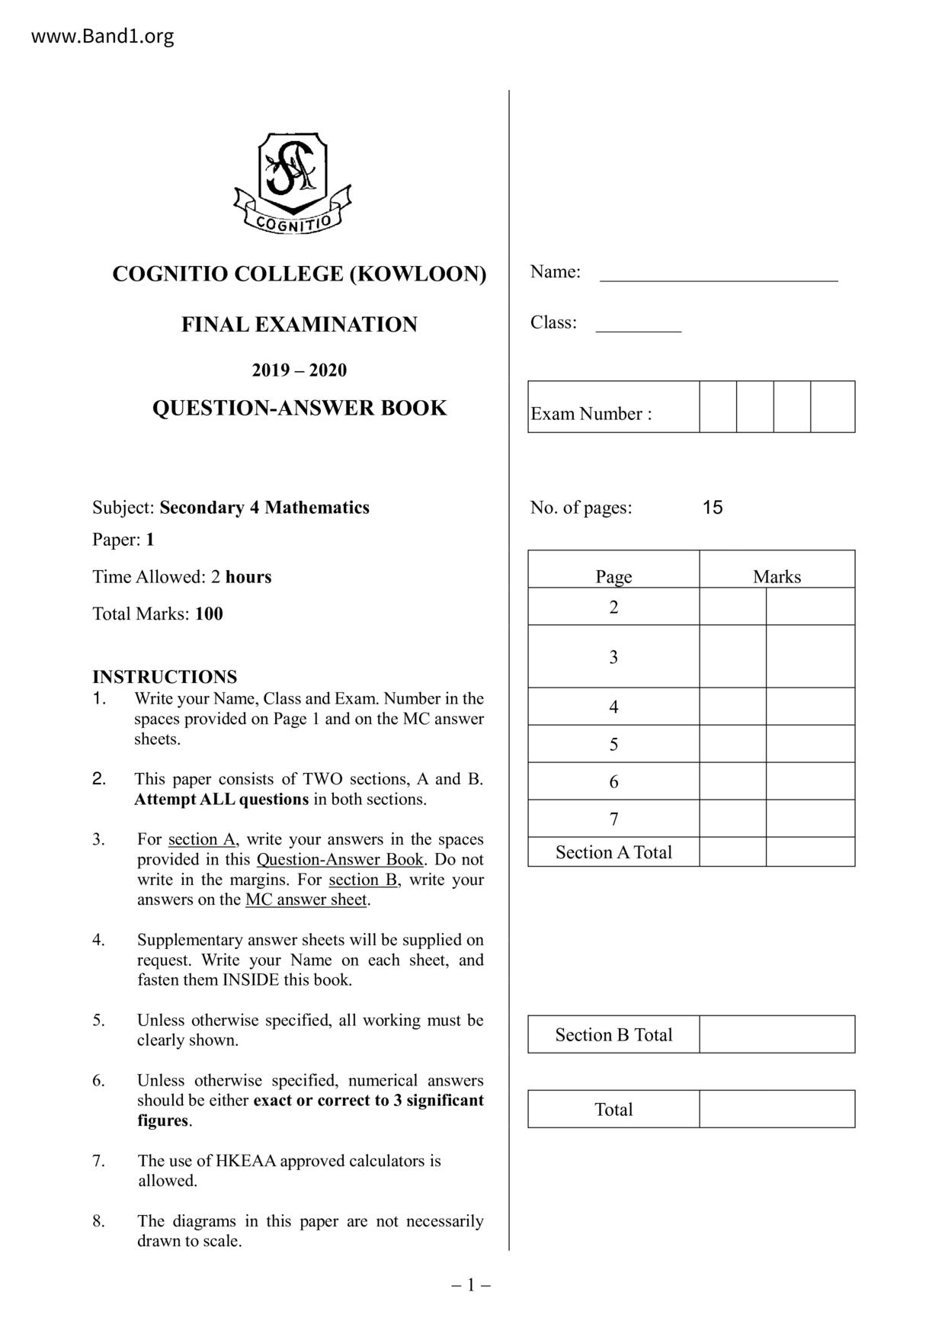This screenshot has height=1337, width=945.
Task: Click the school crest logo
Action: point(293,183)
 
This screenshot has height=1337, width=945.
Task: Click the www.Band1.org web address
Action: point(102,36)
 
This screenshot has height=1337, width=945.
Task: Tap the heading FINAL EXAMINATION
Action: point(299,325)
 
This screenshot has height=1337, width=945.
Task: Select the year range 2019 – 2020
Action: point(299,370)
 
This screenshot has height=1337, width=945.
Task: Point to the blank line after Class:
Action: point(638,326)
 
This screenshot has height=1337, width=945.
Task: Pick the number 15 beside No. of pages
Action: point(713,508)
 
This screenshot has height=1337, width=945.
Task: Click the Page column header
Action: point(613,576)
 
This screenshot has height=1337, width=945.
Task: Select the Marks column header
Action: point(777,576)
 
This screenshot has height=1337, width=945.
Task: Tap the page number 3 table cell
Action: point(613,657)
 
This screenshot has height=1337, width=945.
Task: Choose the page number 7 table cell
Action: point(613,819)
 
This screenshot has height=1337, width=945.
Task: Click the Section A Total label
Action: point(613,852)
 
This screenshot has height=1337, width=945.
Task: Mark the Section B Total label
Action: point(613,1034)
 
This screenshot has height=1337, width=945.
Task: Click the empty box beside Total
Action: point(777,1109)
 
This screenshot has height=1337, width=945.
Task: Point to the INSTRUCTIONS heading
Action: point(165,677)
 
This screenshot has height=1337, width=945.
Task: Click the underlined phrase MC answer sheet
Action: point(306,899)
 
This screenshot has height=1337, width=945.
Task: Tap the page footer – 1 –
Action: point(471,1286)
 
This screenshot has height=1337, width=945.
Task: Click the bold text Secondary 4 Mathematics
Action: point(264,508)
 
